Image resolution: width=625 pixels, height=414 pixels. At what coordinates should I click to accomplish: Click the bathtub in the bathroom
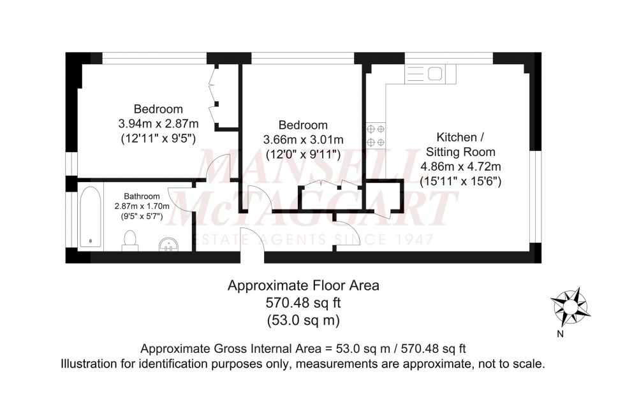(89, 217)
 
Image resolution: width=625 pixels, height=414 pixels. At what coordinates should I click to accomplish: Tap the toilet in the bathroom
(130, 239)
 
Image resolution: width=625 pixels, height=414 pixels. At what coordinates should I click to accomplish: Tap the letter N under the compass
(560, 334)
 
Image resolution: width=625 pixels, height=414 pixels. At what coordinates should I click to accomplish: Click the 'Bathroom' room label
(142, 196)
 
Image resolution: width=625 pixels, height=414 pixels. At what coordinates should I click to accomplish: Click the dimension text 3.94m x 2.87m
(158, 123)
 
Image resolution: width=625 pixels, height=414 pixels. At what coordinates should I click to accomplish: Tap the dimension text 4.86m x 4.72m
(460, 167)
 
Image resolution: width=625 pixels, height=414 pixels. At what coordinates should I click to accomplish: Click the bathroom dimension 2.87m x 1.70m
(142, 206)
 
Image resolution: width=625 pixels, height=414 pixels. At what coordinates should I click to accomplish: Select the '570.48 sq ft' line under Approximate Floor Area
(304, 303)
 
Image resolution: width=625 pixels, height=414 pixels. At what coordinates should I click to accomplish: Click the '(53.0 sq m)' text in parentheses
(304, 320)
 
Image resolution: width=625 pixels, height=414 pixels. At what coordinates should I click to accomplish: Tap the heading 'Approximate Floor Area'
(304, 286)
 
